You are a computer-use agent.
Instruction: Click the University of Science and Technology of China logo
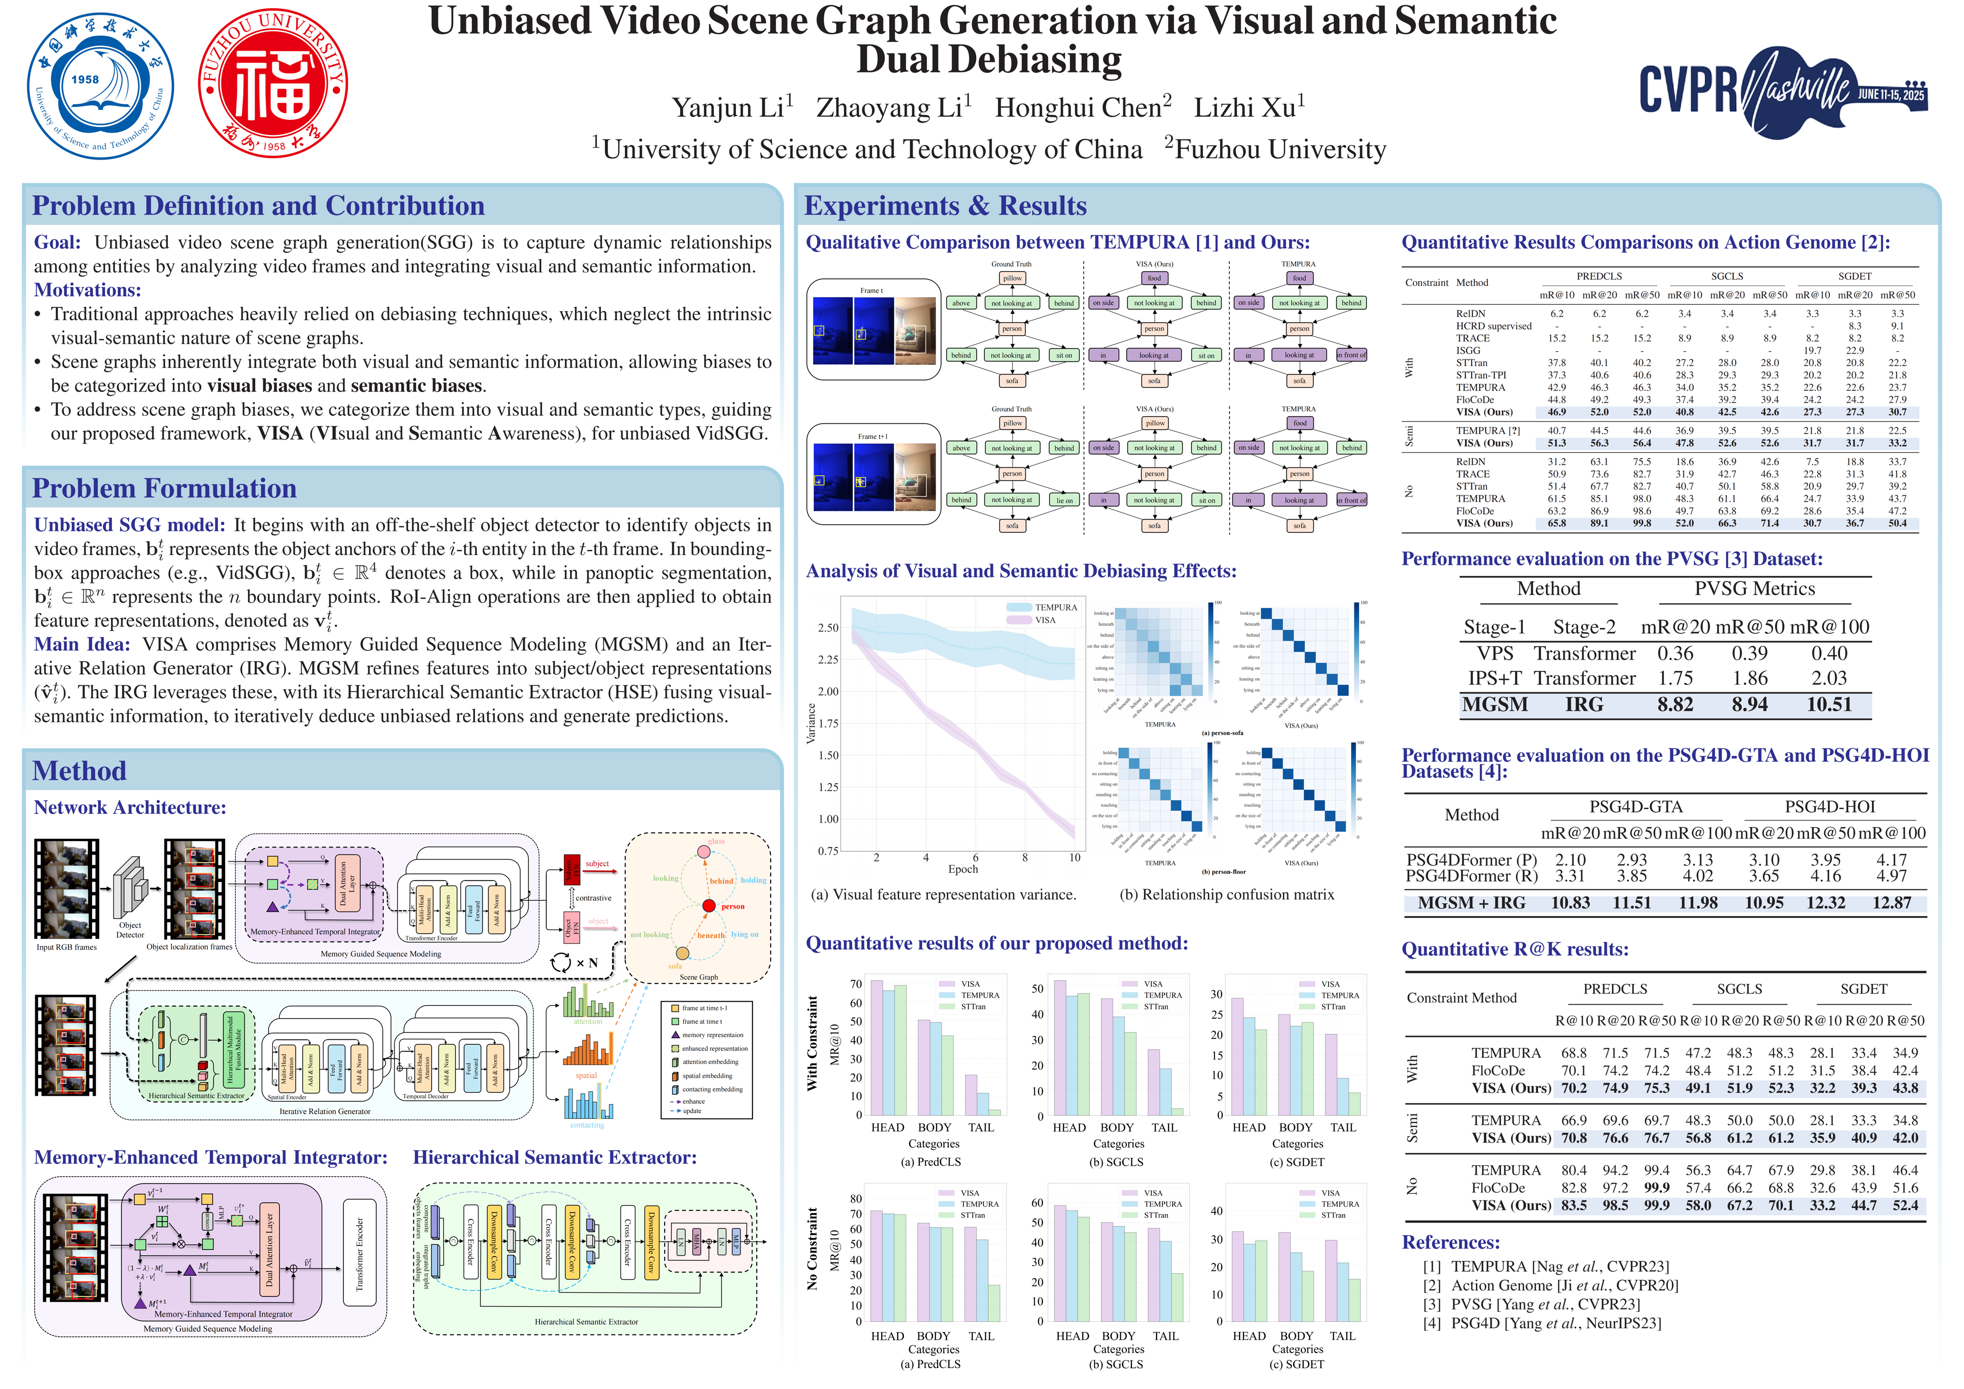coord(100,85)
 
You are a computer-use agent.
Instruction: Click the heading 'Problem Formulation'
coord(164,489)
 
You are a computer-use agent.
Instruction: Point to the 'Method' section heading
coord(80,771)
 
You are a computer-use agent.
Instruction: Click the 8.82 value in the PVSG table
coord(1675,705)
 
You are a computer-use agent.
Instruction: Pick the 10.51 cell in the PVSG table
coord(1829,705)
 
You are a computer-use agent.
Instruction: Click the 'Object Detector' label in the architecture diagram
coord(130,930)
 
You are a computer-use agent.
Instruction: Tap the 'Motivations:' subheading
coord(87,290)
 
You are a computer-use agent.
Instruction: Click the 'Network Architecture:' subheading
coord(130,807)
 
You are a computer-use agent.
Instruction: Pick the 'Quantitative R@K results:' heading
coord(1515,949)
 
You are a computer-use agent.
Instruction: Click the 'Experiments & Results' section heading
coord(945,206)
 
